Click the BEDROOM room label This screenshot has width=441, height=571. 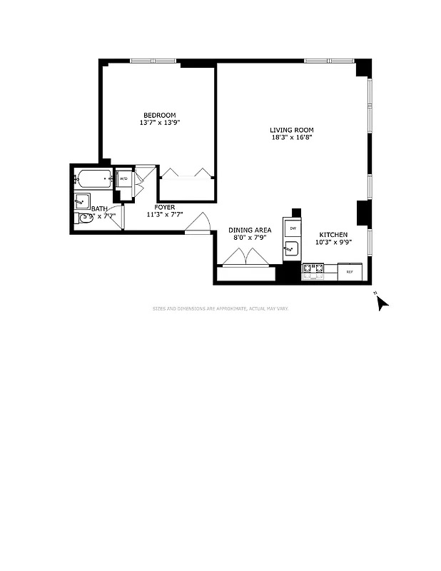coord(159,115)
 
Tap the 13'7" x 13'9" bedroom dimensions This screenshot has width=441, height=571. coord(159,123)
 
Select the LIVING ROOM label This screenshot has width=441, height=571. coord(291,129)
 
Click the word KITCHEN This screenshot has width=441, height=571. coord(333,234)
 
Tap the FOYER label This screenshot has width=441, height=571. coord(165,207)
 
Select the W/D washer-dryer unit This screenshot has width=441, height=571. coord(123,178)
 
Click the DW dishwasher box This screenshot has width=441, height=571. coord(292,228)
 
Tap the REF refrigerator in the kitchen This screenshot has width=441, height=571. coord(350,271)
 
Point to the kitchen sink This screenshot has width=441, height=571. coord(292,249)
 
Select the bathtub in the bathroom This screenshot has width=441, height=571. coord(94,178)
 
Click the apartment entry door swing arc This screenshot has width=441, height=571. coord(198,223)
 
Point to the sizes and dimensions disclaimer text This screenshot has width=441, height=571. coord(220,308)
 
